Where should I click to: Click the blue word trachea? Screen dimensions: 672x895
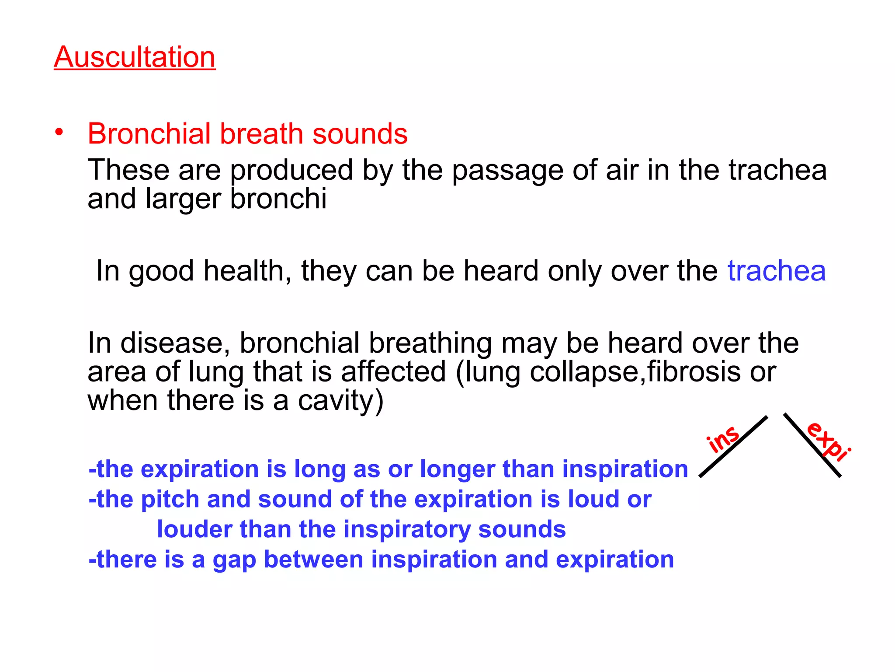click(777, 271)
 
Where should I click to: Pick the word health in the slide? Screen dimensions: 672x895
click(247, 271)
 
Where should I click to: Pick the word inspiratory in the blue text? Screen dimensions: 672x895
click(406, 530)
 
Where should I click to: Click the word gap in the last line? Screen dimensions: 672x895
click(234, 560)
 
